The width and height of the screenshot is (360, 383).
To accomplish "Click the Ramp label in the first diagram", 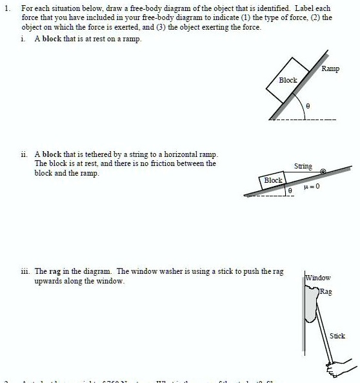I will pos(330,68).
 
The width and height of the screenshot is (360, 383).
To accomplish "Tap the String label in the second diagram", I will pos(303,166).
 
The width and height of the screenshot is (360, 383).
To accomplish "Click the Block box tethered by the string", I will pos(274,180).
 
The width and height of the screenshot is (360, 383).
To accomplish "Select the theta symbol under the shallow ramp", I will pos(290,191).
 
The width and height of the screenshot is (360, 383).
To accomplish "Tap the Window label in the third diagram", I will pos(317,278).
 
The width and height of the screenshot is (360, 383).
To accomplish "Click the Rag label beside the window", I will pos(326,292).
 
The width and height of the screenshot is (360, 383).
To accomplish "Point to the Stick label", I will pos(337,335).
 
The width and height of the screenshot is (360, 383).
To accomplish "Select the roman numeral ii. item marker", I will pos(24,155).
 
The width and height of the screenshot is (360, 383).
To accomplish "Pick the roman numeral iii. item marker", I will pos(25,272).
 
